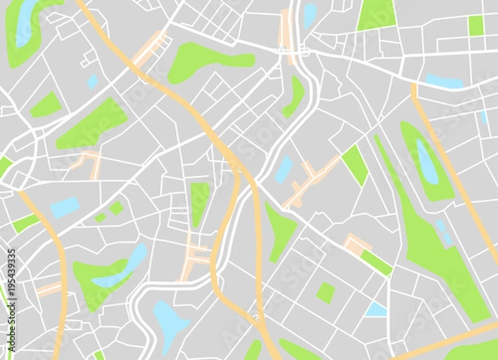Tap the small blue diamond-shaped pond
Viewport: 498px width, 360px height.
91,81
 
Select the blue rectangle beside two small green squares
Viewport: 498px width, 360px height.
65,207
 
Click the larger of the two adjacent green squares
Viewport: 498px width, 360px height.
116,208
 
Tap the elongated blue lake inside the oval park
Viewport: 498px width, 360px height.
426,162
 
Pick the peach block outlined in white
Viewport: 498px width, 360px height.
358,243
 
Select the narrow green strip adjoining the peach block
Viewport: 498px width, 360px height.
377,263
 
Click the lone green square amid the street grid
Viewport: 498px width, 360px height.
325,293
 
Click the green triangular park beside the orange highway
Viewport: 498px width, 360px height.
280,230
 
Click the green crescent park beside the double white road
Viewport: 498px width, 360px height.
295,97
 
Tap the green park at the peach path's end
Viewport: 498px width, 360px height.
355,164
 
